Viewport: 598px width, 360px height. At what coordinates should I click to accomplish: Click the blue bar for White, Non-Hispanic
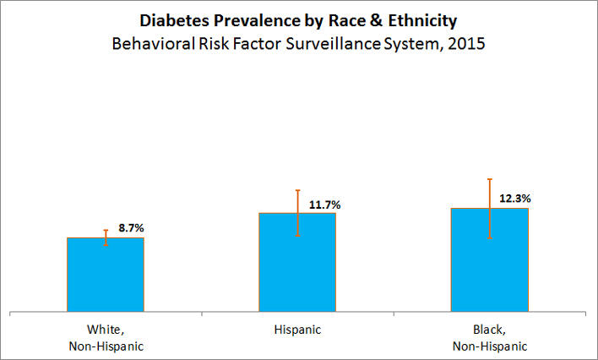[106, 275]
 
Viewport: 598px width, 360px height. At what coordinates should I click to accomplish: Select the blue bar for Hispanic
[297, 263]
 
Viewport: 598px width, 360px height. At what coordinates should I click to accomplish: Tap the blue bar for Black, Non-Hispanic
[490, 260]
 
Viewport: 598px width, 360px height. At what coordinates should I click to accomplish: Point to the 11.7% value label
[325, 204]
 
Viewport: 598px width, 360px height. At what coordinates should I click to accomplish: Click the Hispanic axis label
[297, 329]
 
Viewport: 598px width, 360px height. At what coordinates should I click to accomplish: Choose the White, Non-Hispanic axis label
[106, 336]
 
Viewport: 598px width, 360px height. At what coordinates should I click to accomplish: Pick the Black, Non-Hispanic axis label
[490, 336]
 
